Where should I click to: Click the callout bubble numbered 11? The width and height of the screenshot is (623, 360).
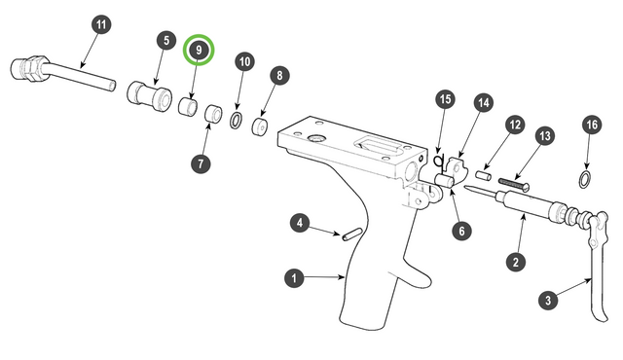(101, 24)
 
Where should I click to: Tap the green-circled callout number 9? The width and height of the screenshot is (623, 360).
(199, 50)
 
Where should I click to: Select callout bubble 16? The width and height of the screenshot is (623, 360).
(592, 126)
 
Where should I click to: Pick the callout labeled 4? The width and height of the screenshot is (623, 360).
(300, 223)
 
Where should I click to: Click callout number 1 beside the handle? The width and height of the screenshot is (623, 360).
(294, 278)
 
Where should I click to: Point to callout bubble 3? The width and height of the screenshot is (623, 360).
(548, 300)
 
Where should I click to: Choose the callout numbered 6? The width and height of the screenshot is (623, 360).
(461, 231)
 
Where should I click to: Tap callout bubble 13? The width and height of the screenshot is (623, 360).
(544, 136)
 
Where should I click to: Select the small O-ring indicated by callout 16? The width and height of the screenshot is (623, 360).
(584, 179)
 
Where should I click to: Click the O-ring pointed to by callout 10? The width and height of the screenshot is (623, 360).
(236, 121)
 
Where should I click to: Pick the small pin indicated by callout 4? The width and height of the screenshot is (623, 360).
(351, 234)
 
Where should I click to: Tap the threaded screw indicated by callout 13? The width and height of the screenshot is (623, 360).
(514, 184)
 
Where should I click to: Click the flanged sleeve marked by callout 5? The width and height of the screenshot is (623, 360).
(150, 96)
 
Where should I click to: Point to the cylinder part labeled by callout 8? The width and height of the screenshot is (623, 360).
(260, 126)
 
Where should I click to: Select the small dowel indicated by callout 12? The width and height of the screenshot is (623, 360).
(484, 175)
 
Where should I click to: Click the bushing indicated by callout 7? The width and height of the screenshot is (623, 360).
(213, 114)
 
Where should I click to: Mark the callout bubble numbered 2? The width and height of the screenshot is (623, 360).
(516, 262)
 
